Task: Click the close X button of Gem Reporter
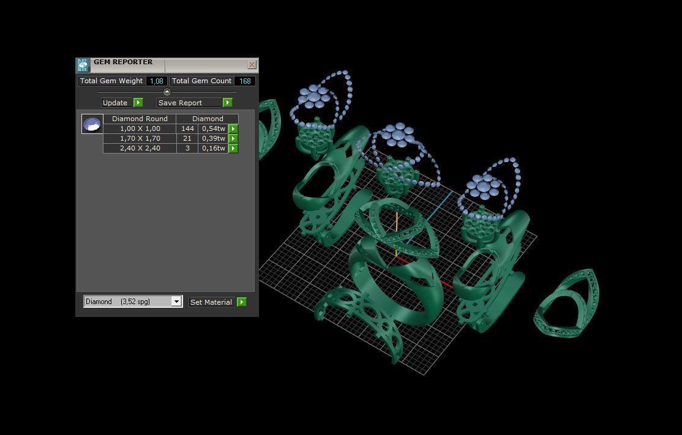252,64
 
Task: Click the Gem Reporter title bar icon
83,65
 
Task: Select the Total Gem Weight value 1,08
157,81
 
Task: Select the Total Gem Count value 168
245,81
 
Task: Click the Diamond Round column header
140,119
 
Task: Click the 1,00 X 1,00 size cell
140,128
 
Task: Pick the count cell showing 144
187,128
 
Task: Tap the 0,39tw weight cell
213,138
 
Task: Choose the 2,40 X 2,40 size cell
140,148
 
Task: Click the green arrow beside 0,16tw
233,148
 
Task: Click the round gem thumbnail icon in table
92,124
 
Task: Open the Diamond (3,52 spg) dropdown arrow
176,302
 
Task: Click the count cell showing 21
187,138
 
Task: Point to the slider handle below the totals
167,92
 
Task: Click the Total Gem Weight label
111,81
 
